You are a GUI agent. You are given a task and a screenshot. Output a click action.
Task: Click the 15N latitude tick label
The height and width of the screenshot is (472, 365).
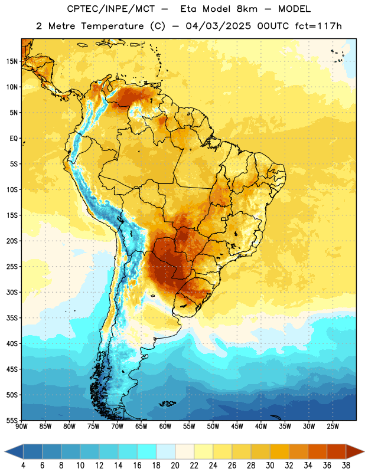[x=12, y=61]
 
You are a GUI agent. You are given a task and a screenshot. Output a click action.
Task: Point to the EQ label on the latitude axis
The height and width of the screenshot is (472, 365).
[x=14, y=139]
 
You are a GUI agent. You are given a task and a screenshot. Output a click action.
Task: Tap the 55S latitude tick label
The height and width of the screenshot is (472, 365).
[x=12, y=420]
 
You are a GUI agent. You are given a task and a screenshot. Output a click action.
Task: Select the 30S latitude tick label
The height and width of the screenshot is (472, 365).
[x=12, y=292]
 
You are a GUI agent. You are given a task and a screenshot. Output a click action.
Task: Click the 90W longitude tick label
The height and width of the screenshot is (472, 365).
[x=21, y=426]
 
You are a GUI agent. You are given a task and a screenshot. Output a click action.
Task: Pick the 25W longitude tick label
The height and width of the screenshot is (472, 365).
[x=333, y=426]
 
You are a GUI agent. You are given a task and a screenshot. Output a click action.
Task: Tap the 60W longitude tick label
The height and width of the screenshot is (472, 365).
[x=165, y=426]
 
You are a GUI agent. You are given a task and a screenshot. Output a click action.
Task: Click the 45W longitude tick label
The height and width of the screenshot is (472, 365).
[x=237, y=426]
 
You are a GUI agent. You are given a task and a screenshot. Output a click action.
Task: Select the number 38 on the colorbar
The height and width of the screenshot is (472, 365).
[x=346, y=466]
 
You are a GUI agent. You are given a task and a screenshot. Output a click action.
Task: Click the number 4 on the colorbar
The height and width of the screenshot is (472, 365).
[x=23, y=466]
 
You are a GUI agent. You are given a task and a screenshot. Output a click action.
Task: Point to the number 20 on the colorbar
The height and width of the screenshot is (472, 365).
[x=175, y=466]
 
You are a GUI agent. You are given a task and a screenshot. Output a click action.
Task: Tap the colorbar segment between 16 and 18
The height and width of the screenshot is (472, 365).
[x=147, y=451]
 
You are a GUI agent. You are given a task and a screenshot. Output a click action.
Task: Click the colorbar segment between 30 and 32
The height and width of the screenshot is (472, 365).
[x=279, y=451]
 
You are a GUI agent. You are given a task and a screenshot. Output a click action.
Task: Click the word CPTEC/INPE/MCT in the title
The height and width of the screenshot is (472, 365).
[x=110, y=9]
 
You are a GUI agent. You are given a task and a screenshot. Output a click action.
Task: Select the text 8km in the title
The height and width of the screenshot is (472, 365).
[x=247, y=9]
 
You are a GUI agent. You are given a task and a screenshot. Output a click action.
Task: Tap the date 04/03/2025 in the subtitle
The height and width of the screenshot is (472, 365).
[x=218, y=26]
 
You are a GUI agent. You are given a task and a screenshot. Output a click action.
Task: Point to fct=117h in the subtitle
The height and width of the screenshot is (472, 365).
[x=318, y=26]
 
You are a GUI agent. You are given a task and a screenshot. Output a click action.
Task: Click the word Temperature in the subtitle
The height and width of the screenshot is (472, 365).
[x=112, y=27]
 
